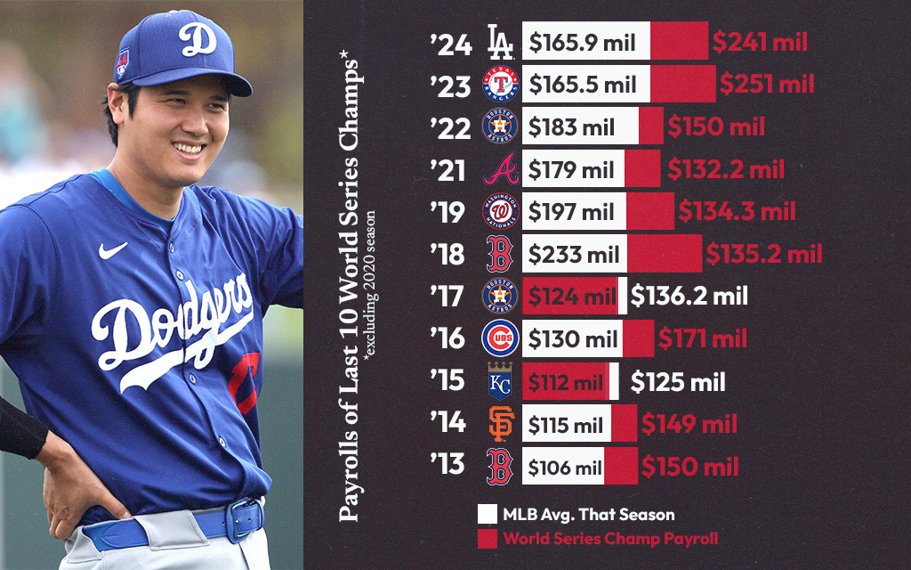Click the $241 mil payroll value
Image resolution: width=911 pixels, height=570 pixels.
pos(758,41)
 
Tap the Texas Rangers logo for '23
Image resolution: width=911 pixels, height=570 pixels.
pos(498,85)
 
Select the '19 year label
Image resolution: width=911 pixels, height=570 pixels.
pos(447,212)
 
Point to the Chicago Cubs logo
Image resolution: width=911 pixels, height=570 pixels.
pos(498,339)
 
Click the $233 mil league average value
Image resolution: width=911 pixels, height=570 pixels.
pos(573,255)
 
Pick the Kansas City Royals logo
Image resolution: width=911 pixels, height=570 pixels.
pos(498,382)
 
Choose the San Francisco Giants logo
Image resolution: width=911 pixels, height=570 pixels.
pos(498,424)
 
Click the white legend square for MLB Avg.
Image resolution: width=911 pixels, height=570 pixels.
pos(486,514)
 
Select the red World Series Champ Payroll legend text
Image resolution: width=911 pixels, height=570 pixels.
pos(610,539)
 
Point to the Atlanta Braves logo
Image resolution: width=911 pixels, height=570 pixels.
pos(498,169)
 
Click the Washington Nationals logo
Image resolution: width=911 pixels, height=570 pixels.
pos(498,212)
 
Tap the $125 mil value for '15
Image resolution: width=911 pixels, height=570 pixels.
pos(678,382)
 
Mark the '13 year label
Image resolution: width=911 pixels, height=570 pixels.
pos(447,466)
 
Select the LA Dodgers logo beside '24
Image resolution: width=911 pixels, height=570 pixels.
pos(498,41)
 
